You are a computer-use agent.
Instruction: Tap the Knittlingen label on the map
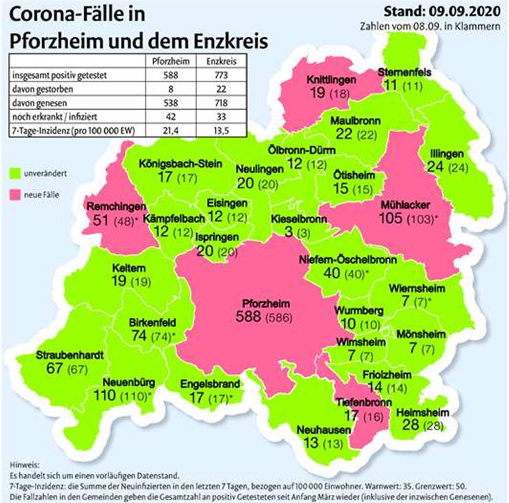[x=324, y=80]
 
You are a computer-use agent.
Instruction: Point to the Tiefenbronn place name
[x=363, y=402]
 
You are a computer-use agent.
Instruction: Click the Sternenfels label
[x=404, y=72]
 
